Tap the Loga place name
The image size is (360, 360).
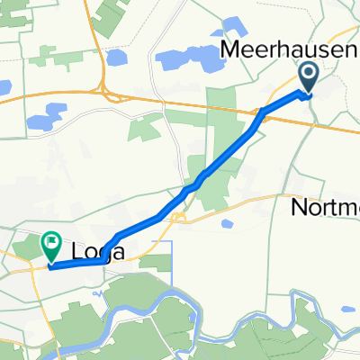(95, 250)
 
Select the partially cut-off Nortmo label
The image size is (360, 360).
(326, 209)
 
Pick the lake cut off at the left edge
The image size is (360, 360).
(4, 88)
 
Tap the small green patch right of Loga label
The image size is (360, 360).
(155, 262)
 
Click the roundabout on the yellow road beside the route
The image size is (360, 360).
(180, 217)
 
